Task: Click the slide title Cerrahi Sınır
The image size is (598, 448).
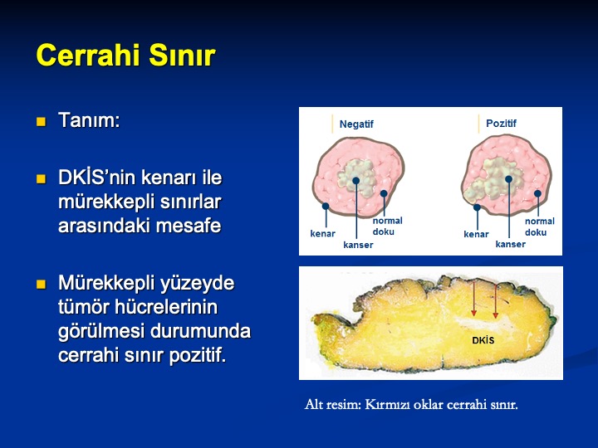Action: point(126,56)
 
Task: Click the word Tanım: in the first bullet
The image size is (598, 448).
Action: point(89,120)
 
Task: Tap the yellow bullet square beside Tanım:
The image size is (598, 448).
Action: point(41,121)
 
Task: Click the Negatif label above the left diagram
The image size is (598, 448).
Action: point(356,124)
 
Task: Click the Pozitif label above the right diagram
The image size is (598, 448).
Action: point(501,123)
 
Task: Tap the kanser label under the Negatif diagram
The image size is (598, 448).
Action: point(358,245)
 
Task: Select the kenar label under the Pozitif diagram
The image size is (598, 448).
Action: point(476,234)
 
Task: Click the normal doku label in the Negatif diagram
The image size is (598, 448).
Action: point(387,226)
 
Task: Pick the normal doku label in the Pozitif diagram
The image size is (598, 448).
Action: point(539,226)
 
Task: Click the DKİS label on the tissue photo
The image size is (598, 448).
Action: point(483,340)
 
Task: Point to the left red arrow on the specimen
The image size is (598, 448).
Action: point(473,299)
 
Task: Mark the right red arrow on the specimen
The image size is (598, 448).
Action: point(495,301)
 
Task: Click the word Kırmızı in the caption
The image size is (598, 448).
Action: point(385,404)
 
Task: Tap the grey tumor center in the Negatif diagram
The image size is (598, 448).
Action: point(356,178)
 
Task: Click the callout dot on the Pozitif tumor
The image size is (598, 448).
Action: point(508,179)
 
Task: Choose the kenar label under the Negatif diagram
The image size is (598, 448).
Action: point(322,233)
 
